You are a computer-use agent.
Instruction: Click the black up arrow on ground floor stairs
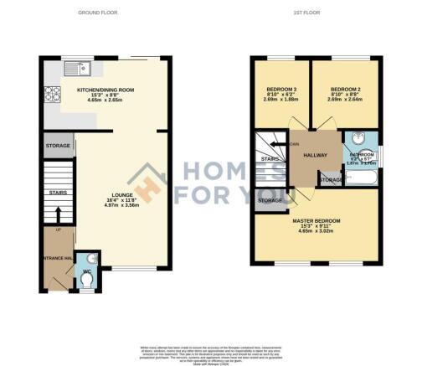56,216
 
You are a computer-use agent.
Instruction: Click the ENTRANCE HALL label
52,258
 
